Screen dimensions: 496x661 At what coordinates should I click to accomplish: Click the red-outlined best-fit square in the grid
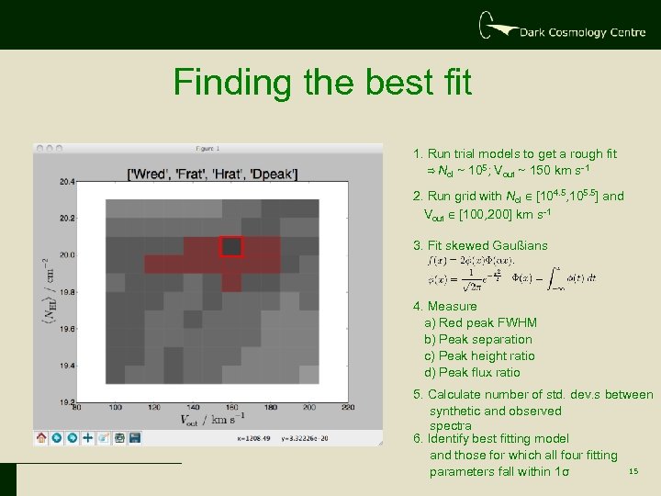pos(230,246)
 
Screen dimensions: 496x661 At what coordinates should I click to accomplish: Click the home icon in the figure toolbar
pos(41,438)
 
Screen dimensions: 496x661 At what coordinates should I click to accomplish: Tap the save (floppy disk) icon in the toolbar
pos(135,438)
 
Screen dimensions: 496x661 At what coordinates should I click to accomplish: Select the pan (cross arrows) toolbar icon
pos(88,438)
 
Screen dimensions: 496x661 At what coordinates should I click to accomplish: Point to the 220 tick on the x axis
pos(347,408)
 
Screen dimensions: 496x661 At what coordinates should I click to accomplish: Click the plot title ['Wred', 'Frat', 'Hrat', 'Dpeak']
pos(209,171)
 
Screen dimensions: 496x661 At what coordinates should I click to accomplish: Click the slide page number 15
pos(633,472)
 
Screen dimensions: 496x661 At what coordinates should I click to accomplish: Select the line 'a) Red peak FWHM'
pos(480,322)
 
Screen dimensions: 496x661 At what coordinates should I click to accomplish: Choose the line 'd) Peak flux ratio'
pos(472,372)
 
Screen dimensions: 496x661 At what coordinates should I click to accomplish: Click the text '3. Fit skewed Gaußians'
pos(480,245)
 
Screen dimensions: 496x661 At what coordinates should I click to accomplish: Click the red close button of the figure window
pos(39,147)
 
